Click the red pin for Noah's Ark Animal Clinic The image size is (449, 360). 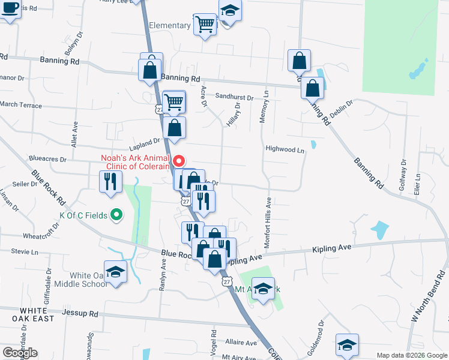(x=179, y=161)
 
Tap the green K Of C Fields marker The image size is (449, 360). (x=118, y=214)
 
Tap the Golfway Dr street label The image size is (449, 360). (x=403, y=175)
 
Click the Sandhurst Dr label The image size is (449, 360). (x=234, y=96)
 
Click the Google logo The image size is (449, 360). (x=20, y=352)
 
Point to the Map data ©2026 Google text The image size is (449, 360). (x=411, y=355)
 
